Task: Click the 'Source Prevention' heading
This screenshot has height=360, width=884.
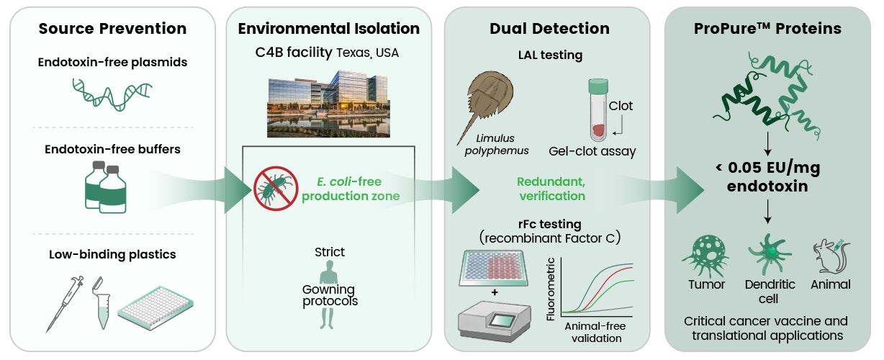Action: (x=112, y=28)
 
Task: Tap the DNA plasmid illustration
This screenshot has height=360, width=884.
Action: (x=112, y=94)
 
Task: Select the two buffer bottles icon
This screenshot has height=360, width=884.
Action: (x=105, y=187)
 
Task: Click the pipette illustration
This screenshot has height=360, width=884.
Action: (x=65, y=304)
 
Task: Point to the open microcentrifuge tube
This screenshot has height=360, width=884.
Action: (x=102, y=303)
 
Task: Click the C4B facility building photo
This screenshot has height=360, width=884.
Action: (x=328, y=104)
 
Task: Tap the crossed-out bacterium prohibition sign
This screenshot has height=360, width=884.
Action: (x=276, y=189)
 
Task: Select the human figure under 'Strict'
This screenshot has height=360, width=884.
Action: (x=328, y=294)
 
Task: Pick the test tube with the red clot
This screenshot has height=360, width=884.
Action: (x=598, y=110)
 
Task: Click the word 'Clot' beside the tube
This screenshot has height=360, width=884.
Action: (x=621, y=106)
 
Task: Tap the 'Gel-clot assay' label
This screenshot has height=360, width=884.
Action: (x=592, y=151)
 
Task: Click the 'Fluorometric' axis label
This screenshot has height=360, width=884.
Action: (x=551, y=289)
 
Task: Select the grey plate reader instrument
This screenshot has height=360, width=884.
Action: (x=495, y=321)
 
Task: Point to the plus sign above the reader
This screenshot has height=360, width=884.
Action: (x=495, y=292)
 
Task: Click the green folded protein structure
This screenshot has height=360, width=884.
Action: (x=767, y=96)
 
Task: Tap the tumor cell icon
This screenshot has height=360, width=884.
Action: (x=705, y=256)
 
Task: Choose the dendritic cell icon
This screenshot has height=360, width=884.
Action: (x=769, y=254)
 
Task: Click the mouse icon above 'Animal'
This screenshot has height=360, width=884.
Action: (x=831, y=256)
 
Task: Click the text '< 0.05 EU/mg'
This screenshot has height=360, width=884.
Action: (x=767, y=167)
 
